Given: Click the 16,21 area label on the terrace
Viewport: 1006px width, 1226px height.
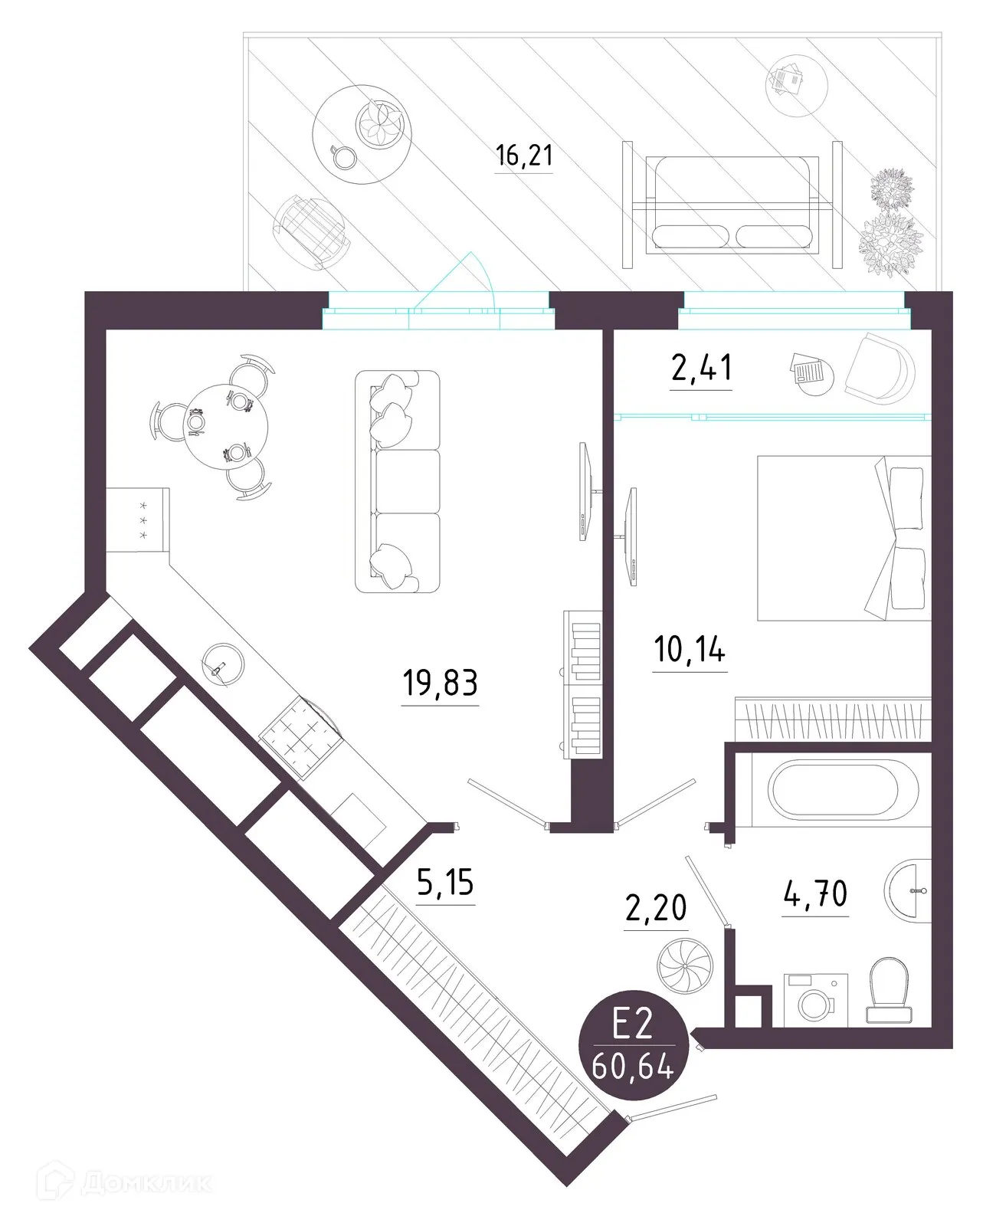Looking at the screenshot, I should pos(524,156).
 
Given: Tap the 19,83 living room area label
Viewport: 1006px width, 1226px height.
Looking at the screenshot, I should pos(440,682).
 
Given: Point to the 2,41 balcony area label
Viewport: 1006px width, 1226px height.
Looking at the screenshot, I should pos(701,368).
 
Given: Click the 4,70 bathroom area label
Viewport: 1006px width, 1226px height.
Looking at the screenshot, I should pos(815,893).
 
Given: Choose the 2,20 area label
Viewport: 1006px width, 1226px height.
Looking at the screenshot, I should pos(656,909).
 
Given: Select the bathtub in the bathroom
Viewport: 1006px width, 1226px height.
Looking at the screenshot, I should pos(843,790).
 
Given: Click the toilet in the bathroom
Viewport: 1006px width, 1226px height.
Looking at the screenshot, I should pos(889,988).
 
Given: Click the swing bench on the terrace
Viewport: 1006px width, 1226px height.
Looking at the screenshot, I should pos(732,204).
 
